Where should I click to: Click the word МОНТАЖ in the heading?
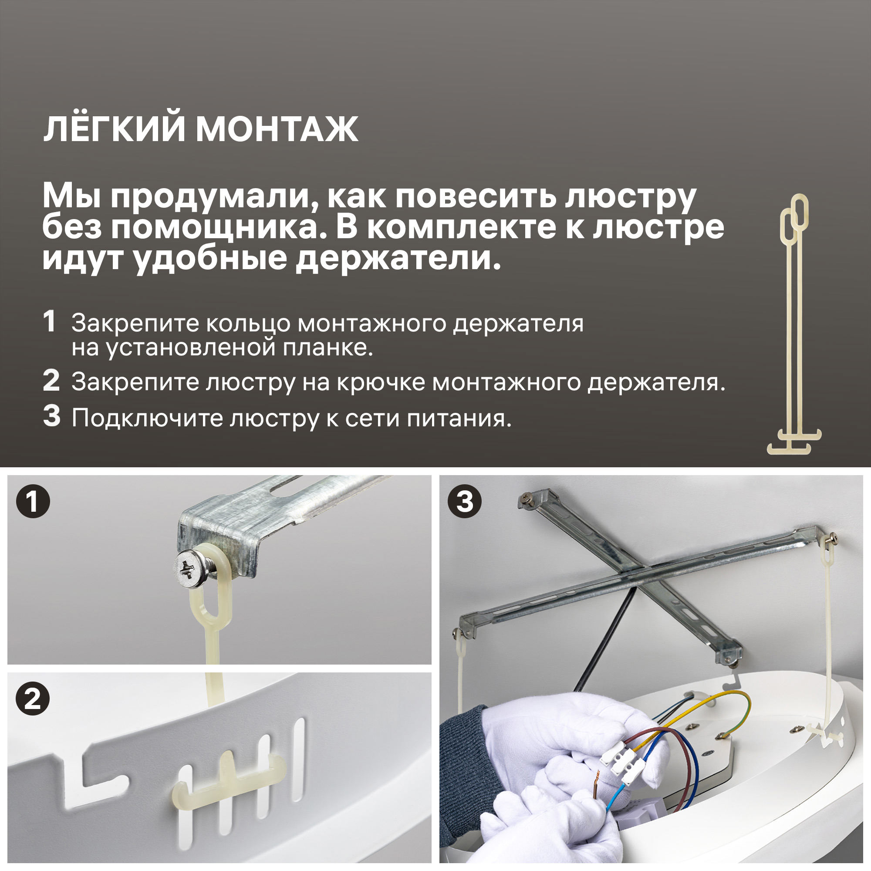pyautogui.click(x=277, y=130)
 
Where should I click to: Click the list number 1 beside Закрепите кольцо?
pyautogui.click(x=49, y=322)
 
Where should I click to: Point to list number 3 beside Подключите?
pyautogui.click(x=51, y=415)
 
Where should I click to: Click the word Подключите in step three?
pyautogui.click(x=147, y=419)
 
